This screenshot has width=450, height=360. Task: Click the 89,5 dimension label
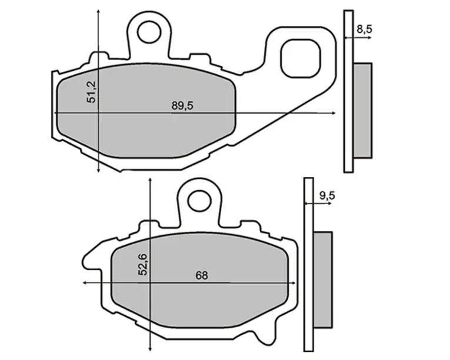tap(182, 106)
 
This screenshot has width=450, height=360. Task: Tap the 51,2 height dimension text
tap(92, 92)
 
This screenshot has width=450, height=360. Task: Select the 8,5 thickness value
tap(364, 29)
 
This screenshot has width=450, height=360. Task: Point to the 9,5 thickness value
tap(327, 196)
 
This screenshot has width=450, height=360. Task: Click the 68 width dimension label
tap(201, 276)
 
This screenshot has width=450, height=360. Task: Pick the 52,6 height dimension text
tap(143, 265)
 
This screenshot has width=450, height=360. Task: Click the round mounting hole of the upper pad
tap(149, 32)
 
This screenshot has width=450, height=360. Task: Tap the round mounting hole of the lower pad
tap(199, 201)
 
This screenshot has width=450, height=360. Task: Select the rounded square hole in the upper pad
tap(301, 59)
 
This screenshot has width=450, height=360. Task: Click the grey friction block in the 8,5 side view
tap(363, 111)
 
